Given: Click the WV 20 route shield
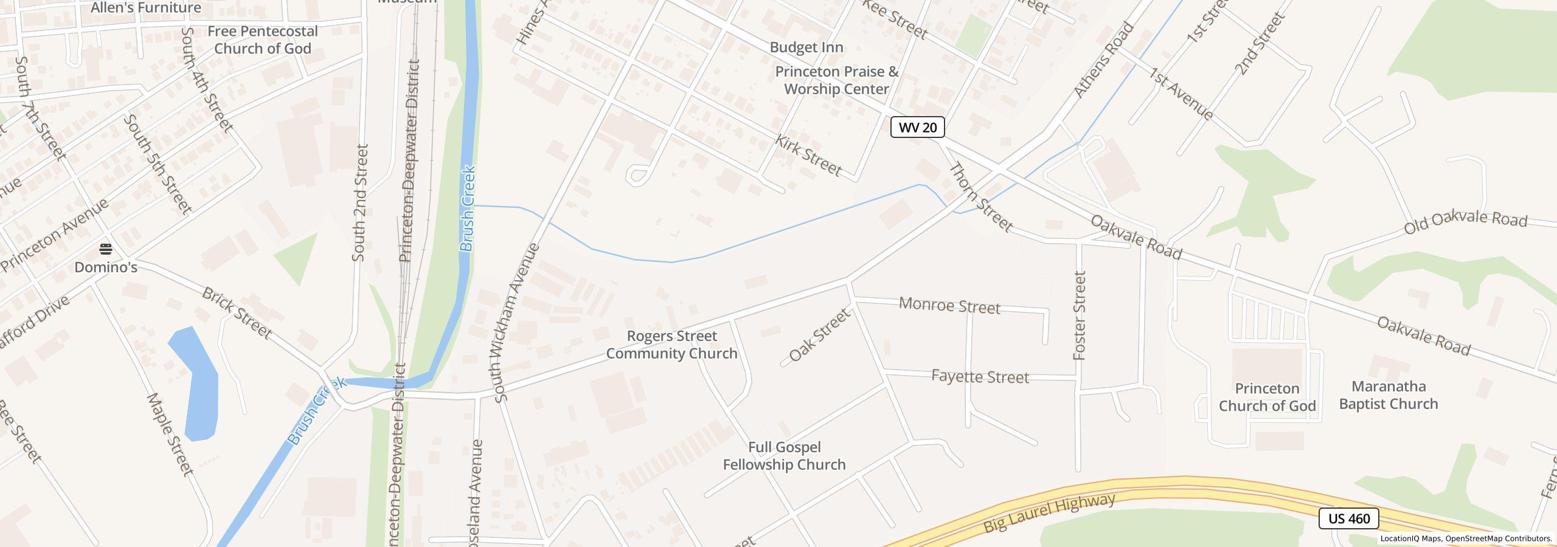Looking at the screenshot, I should pyautogui.click(x=917, y=127).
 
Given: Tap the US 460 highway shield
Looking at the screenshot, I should pyautogui.click(x=1348, y=518).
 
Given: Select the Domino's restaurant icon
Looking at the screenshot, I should pyautogui.click(x=106, y=249).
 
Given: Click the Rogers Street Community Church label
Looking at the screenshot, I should pyautogui.click(x=671, y=345).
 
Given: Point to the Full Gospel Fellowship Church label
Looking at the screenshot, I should pyautogui.click(x=784, y=456).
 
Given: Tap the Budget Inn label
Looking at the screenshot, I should pyautogui.click(x=806, y=47).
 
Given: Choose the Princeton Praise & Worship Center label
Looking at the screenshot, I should pyautogui.click(x=836, y=80).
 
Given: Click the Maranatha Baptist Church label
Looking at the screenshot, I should pyautogui.click(x=1388, y=395).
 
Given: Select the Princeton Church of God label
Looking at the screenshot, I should pyautogui.click(x=1267, y=397).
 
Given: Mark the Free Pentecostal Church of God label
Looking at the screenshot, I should pyautogui.click(x=263, y=40).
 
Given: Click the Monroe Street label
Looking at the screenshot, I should pyautogui.click(x=949, y=306).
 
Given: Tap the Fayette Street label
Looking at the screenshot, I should pyautogui.click(x=980, y=377).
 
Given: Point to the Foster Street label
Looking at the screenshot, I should pyautogui.click(x=1080, y=315).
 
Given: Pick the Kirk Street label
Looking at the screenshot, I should pyautogui.click(x=808, y=156).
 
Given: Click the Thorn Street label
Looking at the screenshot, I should pyautogui.click(x=980, y=197).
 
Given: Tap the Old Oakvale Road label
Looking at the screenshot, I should pyautogui.click(x=1465, y=222).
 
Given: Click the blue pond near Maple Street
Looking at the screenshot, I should pyautogui.click(x=195, y=384).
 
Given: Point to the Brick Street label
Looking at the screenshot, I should pyautogui.click(x=236, y=313).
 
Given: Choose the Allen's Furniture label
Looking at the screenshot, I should pyautogui.click(x=146, y=8).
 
